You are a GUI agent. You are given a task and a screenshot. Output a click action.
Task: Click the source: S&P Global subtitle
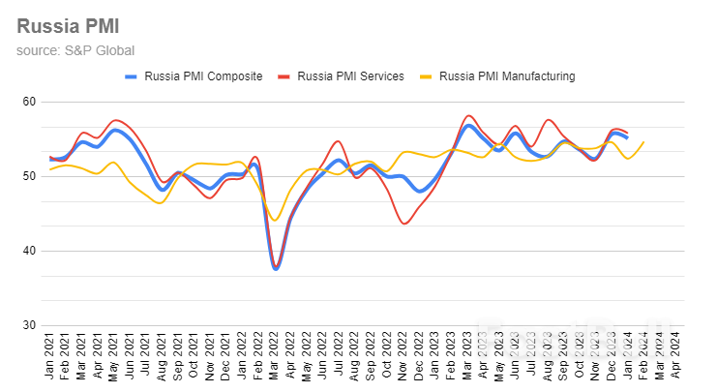tap(75, 50)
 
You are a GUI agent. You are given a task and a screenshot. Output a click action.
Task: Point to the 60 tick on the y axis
tap(28, 102)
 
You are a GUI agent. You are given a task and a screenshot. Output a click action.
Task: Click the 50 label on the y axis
tap(28, 176)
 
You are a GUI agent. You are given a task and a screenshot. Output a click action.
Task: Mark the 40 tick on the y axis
tap(28, 251)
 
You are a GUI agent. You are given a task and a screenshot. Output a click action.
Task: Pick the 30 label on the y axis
tap(28, 325)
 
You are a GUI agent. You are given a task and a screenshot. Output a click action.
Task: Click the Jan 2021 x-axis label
tap(51, 357)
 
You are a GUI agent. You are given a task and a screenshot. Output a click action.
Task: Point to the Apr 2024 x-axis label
tap(677, 357)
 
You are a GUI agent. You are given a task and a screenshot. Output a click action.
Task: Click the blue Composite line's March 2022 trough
tap(277, 269)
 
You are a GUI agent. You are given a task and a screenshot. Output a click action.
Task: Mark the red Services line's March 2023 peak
tap(468, 116)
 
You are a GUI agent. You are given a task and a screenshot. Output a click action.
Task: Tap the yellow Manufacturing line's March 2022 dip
tap(276, 220)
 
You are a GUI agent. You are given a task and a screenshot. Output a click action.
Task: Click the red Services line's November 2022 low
tap(404, 224)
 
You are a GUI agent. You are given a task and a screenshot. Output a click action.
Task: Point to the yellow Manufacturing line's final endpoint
tap(643, 142)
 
